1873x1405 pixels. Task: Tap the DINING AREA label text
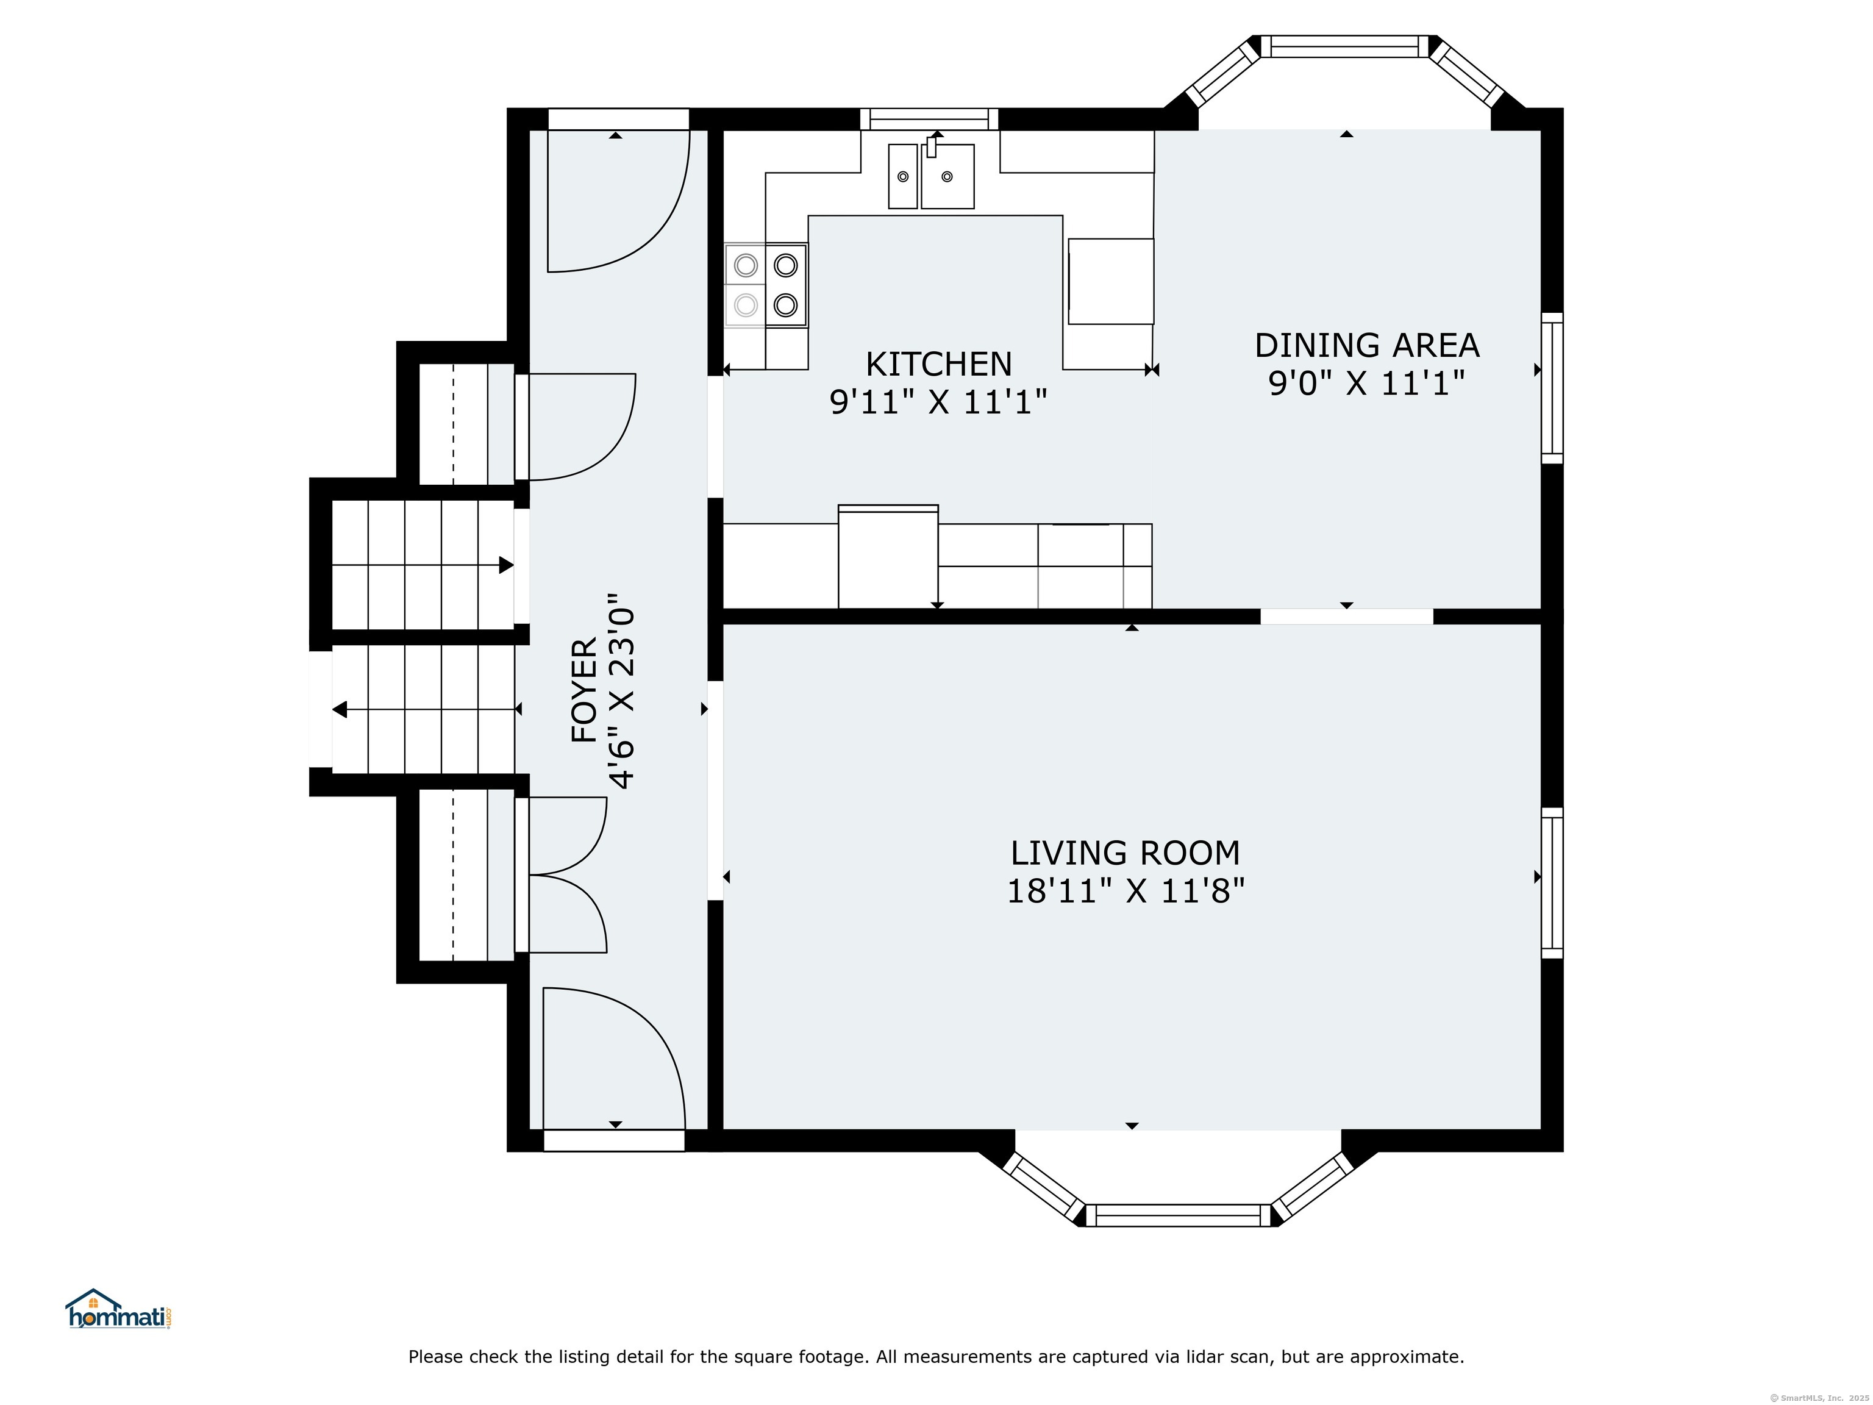pos(1367,346)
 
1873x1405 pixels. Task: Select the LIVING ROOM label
pos(1126,853)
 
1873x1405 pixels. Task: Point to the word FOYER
pos(584,691)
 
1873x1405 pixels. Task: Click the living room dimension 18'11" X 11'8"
pos(1126,891)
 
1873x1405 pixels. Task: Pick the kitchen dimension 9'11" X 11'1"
pos(938,401)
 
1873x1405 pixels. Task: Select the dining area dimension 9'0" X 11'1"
pos(1367,384)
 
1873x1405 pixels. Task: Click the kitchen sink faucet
pos(932,146)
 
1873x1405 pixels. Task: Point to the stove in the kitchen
pos(765,285)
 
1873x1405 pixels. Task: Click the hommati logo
pos(120,1309)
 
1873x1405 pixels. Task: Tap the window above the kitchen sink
pos(930,120)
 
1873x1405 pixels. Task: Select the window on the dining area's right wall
pos(1551,388)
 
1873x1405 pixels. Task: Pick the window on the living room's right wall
pos(1551,882)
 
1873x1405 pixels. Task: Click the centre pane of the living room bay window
pos(1178,1215)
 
